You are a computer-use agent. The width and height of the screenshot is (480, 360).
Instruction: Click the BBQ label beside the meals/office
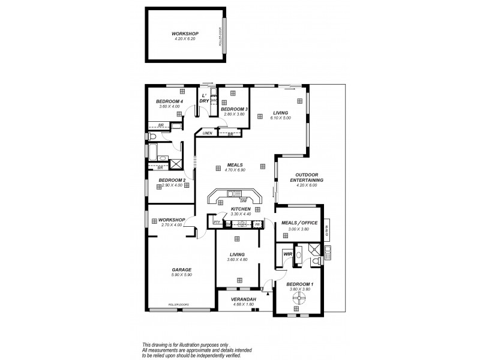click(326, 229)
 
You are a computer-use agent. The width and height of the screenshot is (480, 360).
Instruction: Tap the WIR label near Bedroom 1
click(287, 254)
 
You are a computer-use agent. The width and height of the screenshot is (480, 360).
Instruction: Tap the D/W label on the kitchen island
click(244, 200)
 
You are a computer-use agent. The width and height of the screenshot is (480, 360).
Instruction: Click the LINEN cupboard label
click(207, 133)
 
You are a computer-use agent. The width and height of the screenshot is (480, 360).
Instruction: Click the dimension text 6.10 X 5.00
click(281, 118)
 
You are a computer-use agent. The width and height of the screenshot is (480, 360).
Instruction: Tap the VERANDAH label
click(244, 299)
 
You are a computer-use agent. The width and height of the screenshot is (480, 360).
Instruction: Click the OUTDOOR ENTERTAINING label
click(306, 178)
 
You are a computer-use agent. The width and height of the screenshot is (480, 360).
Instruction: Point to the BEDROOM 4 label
click(169, 101)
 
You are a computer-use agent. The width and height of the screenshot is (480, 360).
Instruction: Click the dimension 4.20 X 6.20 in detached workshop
click(185, 38)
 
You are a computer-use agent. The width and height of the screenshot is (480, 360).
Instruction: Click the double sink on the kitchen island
click(233, 193)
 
